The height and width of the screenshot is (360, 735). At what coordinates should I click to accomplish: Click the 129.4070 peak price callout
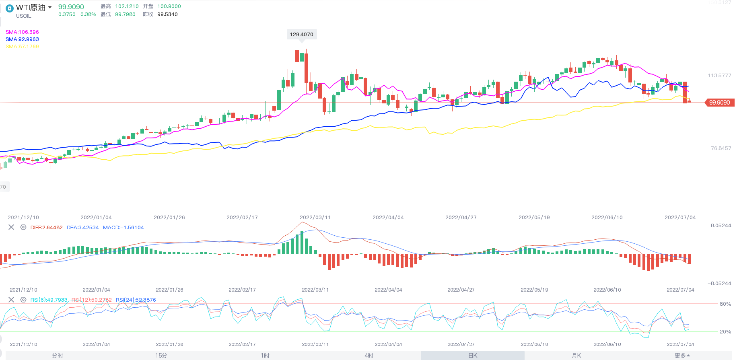(x=301, y=35)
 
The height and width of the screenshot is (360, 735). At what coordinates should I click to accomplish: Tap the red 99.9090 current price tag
(x=719, y=103)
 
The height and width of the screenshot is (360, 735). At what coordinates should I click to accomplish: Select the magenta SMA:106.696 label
(x=22, y=32)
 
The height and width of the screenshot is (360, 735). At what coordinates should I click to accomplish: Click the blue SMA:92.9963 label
(x=22, y=39)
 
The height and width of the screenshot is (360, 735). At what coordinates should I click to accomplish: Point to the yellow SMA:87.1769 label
(x=22, y=47)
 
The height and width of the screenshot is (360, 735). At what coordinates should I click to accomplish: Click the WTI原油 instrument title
(x=31, y=8)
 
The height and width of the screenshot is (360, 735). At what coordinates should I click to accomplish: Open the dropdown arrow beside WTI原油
(x=50, y=7)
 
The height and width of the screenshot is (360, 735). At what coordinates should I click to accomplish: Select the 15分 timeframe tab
(x=161, y=356)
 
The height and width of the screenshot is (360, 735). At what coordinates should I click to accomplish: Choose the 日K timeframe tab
(x=473, y=356)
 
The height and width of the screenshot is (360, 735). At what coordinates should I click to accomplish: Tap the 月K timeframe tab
(x=576, y=356)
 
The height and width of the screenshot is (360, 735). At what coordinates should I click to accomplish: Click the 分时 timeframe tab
(x=58, y=356)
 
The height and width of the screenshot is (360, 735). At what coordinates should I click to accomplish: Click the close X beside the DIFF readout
(x=11, y=227)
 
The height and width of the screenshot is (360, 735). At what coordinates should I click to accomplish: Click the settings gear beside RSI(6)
(x=23, y=300)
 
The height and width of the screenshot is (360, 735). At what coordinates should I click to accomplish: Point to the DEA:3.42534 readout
(x=82, y=228)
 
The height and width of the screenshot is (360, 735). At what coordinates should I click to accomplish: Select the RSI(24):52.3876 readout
(x=136, y=300)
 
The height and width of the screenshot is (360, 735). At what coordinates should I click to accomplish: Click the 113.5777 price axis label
(x=719, y=76)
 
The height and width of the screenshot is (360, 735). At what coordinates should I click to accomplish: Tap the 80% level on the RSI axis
(x=725, y=304)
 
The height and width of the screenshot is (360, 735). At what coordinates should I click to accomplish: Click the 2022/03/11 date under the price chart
(x=315, y=218)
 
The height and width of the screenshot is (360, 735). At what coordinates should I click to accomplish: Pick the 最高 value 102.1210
(x=127, y=6)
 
